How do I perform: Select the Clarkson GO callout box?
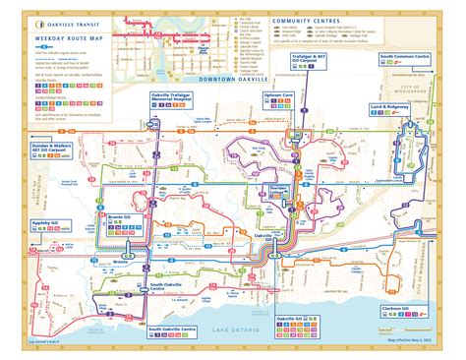[406, 313]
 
